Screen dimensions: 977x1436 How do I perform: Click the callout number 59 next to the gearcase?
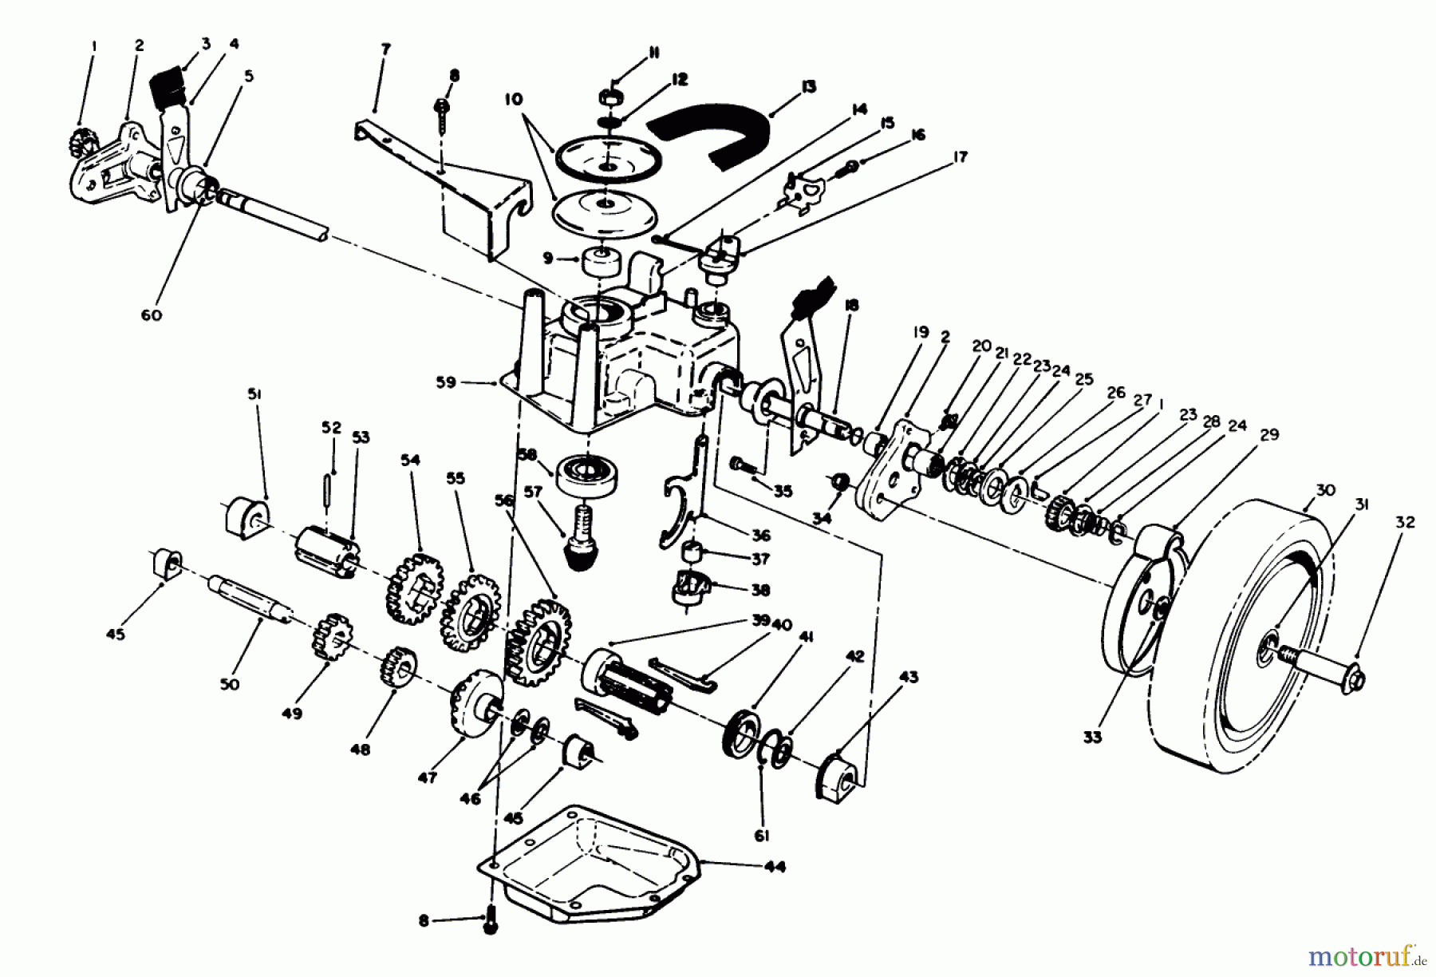click(446, 382)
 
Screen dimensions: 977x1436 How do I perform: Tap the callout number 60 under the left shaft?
click(151, 314)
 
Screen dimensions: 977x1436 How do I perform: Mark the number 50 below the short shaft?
click(229, 684)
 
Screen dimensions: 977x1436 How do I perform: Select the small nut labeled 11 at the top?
click(610, 97)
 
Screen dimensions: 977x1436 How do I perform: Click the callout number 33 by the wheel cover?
click(1092, 736)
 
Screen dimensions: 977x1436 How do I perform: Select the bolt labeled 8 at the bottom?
click(491, 924)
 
